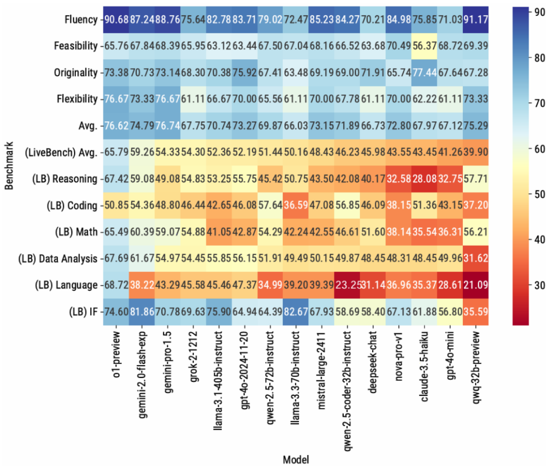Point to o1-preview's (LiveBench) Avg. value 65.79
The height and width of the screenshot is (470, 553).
116,152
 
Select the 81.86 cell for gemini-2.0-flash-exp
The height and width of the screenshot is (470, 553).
141,312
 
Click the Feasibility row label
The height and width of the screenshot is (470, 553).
76,46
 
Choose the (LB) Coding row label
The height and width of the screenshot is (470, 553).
70,206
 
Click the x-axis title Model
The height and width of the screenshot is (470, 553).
295,459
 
